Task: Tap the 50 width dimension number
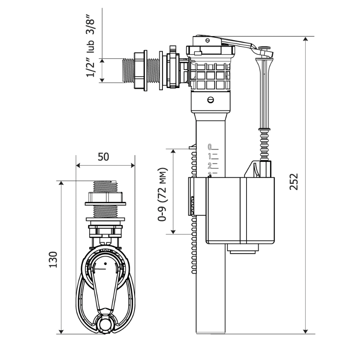click(x=103, y=156)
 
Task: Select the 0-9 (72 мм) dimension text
click(x=162, y=194)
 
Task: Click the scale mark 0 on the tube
click(x=210, y=147)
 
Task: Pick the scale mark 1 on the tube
click(x=210, y=156)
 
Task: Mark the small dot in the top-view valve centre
click(x=105, y=263)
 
